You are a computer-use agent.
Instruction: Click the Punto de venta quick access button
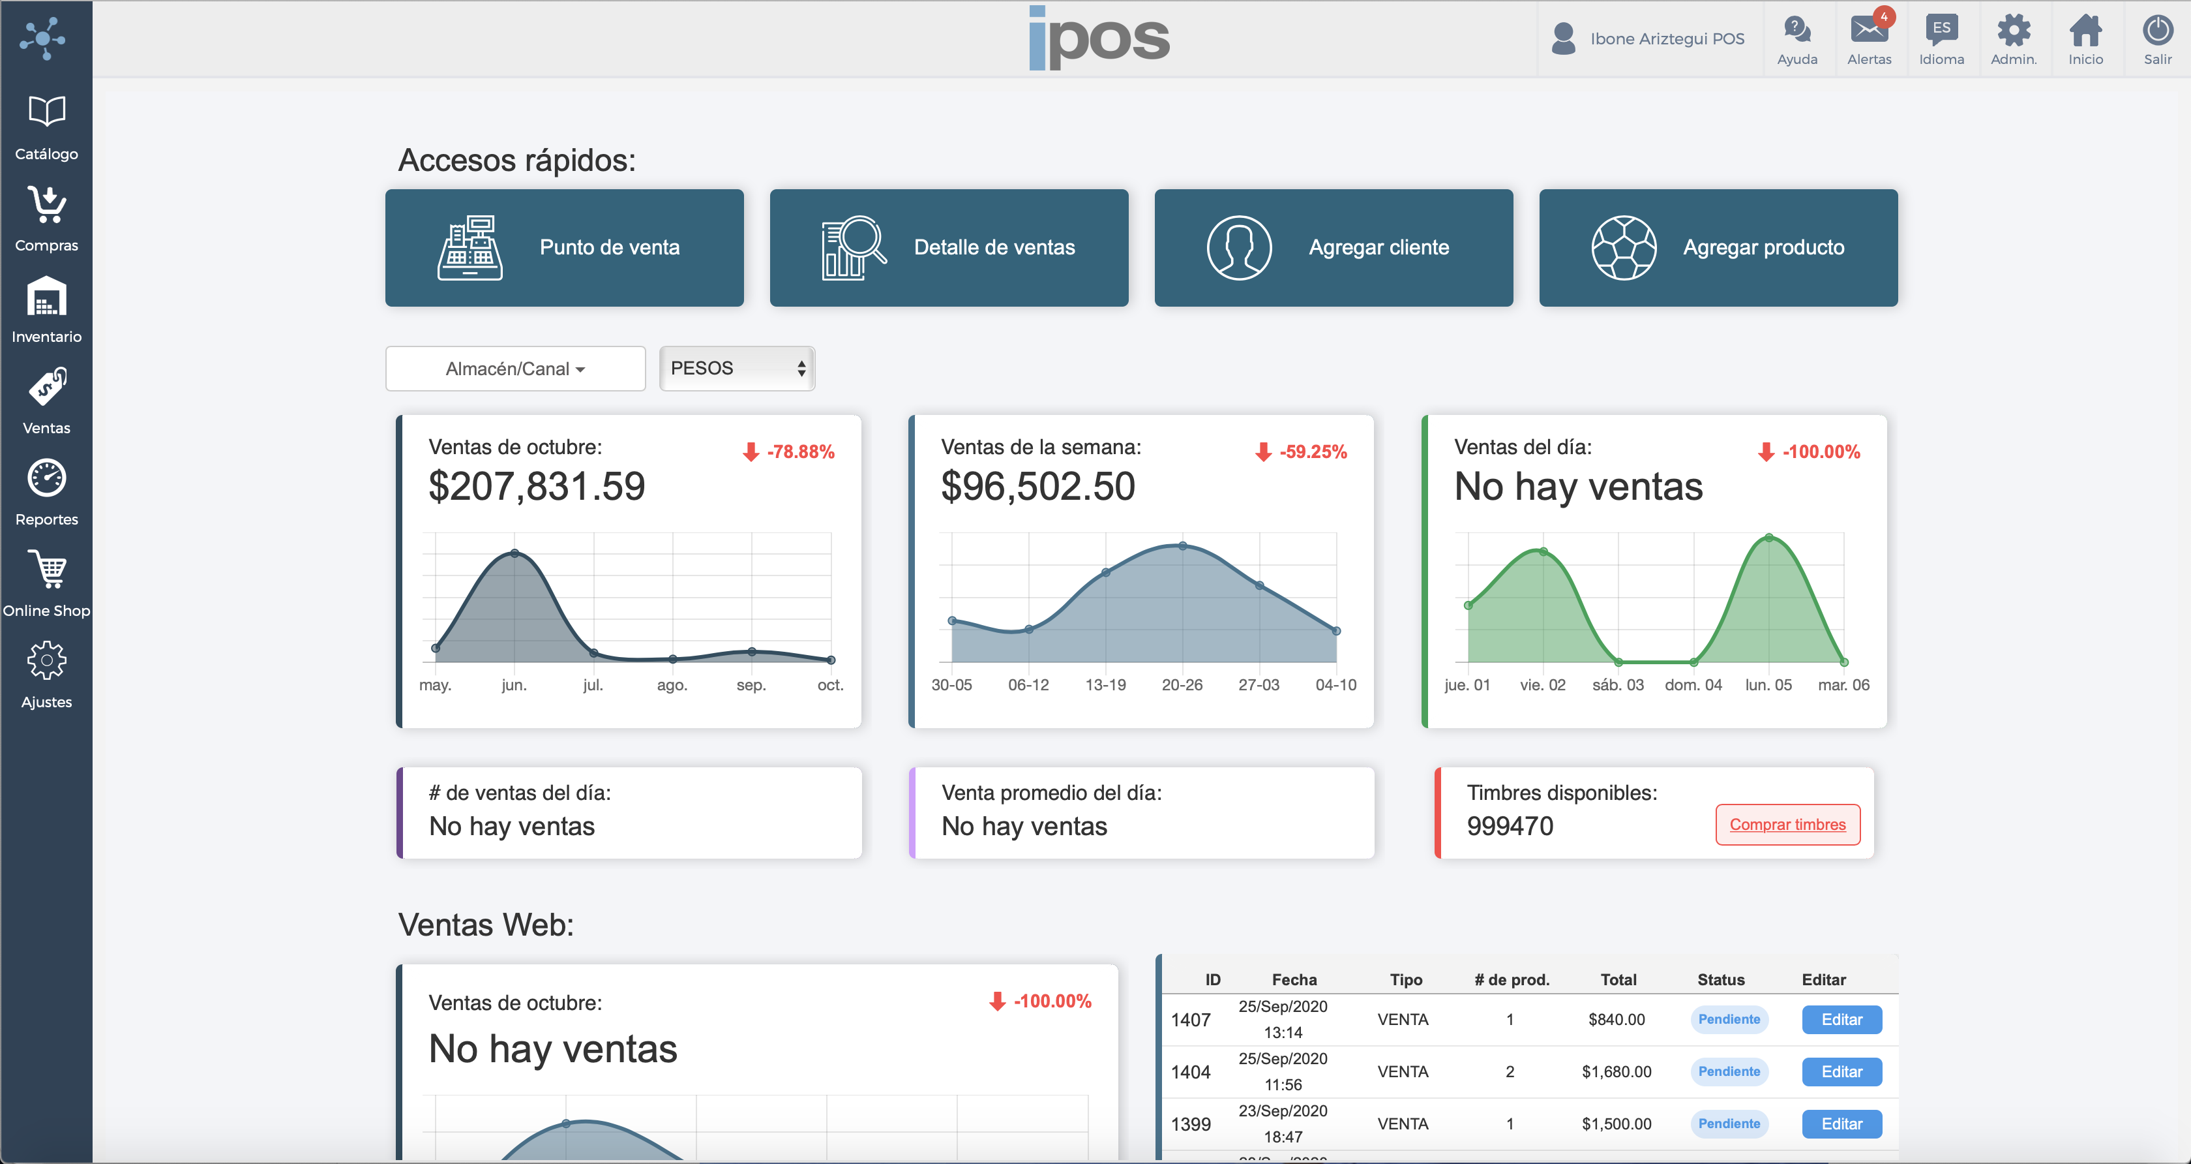click(x=564, y=247)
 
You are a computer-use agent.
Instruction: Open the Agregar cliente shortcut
click(x=1333, y=247)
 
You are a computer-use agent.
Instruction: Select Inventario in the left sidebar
click(x=46, y=310)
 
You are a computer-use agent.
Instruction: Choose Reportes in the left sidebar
click(x=46, y=493)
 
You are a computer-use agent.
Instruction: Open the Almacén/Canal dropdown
click(x=514, y=369)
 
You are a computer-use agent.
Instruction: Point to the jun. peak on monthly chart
click(x=514, y=554)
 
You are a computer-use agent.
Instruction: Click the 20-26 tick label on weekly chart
click(x=1182, y=685)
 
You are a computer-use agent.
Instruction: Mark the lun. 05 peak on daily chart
click(x=1769, y=538)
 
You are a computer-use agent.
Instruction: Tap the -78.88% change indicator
click(x=789, y=452)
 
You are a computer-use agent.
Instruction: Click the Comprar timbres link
click(x=1787, y=825)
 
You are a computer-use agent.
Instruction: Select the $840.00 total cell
click(x=1616, y=1019)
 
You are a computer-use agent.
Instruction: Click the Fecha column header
click(x=1294, y=979)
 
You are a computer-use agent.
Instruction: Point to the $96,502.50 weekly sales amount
click(x=1037, y=487)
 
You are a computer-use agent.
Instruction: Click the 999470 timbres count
click(x=1510, y=826)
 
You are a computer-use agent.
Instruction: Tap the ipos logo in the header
click(x=1099, y=38)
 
